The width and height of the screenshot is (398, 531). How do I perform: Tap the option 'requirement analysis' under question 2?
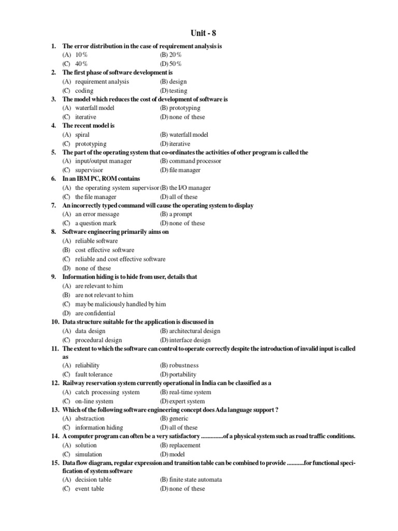tap(102, 81)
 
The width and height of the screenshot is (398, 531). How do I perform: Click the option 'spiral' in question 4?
tap(82, 134)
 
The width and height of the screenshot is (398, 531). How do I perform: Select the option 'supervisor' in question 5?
tap(89, 170)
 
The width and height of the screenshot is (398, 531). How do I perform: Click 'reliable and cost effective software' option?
tap(120, 259)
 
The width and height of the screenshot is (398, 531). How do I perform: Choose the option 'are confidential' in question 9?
tap(95, 313)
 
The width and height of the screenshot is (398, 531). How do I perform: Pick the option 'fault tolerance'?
tap(94, 374)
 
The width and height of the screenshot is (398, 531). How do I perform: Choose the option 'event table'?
tap(90, 488)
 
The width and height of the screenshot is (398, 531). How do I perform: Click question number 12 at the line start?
tap(54, 383)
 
